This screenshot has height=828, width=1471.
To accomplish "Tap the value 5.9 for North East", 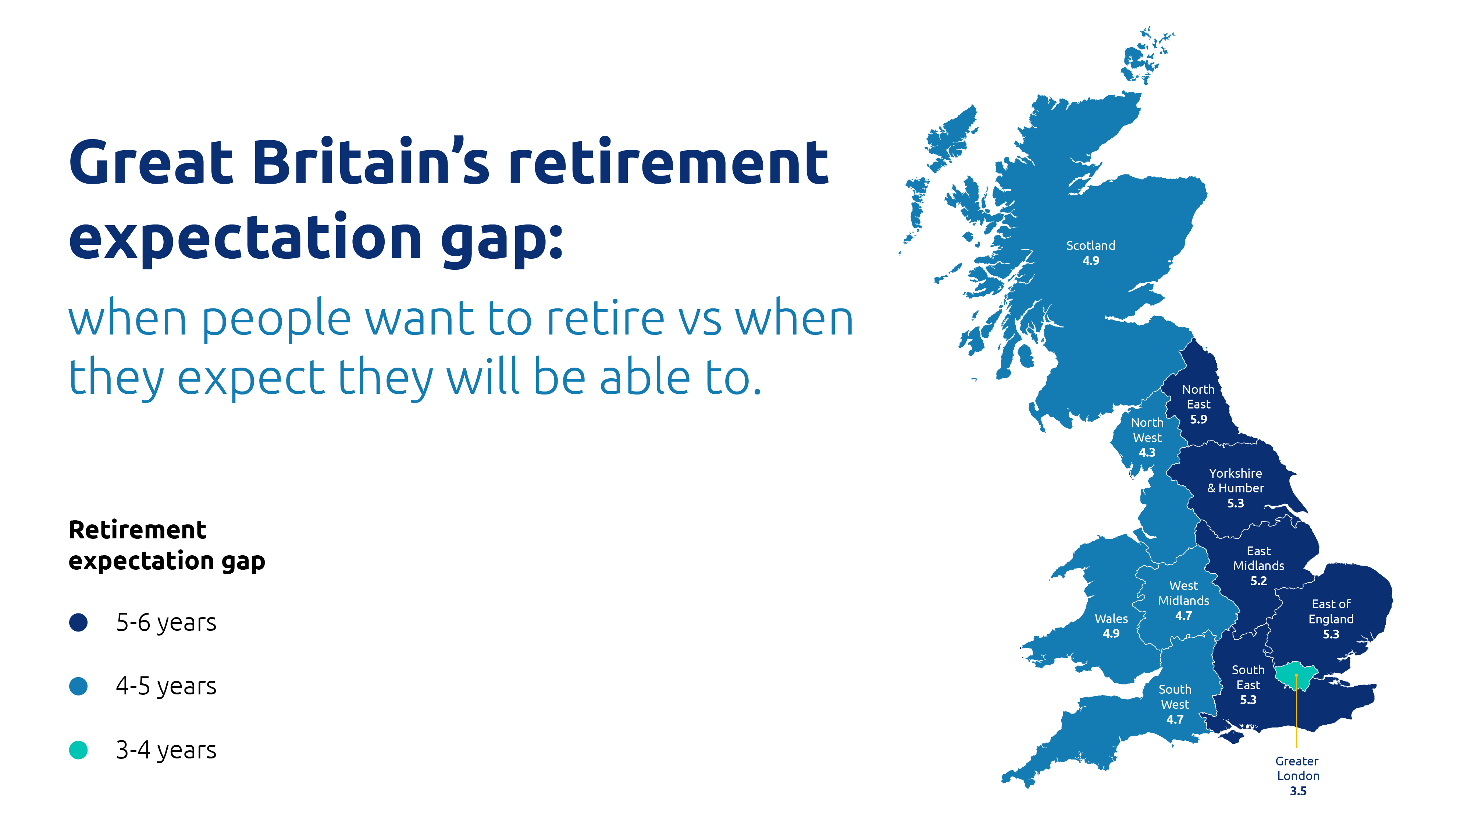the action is click(x=1198, y=420).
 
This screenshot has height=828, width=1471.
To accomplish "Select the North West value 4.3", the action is click(x=1147, y=453).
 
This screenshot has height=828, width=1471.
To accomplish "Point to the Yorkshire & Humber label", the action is click(x=1235, y=481).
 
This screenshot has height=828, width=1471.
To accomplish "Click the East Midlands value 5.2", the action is click(x=1258, y=581).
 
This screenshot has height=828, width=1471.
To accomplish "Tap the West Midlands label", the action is click(x=1183, y=593).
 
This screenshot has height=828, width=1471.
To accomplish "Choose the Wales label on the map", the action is click(x=1111, y=619).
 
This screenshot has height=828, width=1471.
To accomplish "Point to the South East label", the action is click(x=1248, y=677).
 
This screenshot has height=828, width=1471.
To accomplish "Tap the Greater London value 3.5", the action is click(x=1298, y=792).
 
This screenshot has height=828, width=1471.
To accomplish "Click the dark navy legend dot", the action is click(x=78, y=622).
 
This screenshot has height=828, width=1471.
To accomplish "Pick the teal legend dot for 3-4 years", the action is click(x=78, y=750).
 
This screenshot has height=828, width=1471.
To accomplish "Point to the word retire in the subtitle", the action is click(x=605, y=318).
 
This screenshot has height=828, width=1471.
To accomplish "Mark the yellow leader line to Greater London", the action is click(x=1296, y=711).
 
